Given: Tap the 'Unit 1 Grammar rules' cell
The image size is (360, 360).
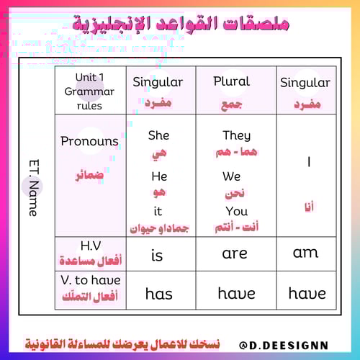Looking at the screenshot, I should click(x=89, y=91).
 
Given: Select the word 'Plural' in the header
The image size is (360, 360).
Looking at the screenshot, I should click(x=231, y=81).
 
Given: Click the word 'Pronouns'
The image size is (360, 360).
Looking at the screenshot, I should click(x=89, y=141).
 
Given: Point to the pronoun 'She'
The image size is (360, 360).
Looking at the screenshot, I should click(x=158, y=135).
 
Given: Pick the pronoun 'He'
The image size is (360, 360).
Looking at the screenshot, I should click(x=159, y=176).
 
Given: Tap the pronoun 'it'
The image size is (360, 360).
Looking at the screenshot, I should click(x=159, y=212).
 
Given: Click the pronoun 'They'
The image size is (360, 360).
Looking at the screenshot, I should click(x=236, y=135).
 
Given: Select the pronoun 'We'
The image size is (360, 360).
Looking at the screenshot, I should click(x=231, y=176).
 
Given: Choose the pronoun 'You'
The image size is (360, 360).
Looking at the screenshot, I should click(x=236, y=212).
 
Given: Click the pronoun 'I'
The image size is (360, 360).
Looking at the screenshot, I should click(x=308, y=163).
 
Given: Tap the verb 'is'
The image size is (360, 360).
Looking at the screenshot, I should click(x=158, y=254).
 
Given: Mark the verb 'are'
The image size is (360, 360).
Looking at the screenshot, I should click(x=235, y=253).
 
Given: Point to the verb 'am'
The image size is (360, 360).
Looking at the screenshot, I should click(x=306, y=253).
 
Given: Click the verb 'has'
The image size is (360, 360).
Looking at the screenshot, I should click(x=158, y=293).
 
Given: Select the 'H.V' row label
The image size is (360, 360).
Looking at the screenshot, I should click(x=89, y=246).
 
